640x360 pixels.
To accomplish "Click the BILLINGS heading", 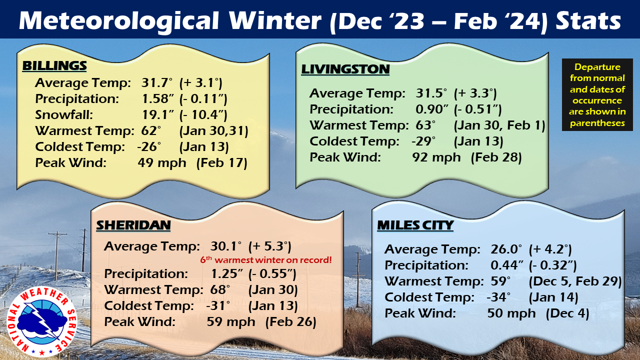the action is [54, 65].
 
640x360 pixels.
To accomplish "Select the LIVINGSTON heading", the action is [345, 69].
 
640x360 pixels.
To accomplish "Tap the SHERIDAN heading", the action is [133, 225].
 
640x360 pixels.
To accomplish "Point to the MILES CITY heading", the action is [415, 225].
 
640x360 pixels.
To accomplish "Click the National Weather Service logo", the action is [41, 321].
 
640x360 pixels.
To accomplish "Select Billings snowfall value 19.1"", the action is [158, 115].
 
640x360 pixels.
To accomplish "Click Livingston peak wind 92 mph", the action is [436, 157].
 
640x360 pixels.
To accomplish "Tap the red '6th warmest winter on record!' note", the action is [265, 260].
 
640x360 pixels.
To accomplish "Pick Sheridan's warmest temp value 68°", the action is [220, 289].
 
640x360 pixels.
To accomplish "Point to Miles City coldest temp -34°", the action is [498, 297].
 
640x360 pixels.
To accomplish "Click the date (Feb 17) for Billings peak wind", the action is [221, 163].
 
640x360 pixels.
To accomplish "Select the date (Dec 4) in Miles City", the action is [567, 313].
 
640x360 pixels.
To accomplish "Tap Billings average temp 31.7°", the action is [157, 83].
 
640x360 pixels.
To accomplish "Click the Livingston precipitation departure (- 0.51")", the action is [477, 109].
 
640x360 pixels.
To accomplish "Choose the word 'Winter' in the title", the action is [275, 20].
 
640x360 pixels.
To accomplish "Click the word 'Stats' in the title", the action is [588, 20].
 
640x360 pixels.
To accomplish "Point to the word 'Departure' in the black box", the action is [597, 67].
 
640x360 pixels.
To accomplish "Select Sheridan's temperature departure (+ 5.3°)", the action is [269, 246].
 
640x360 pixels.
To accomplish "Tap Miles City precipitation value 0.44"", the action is [507, 265].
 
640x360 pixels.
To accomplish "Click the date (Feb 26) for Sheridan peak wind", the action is [291, 322].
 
